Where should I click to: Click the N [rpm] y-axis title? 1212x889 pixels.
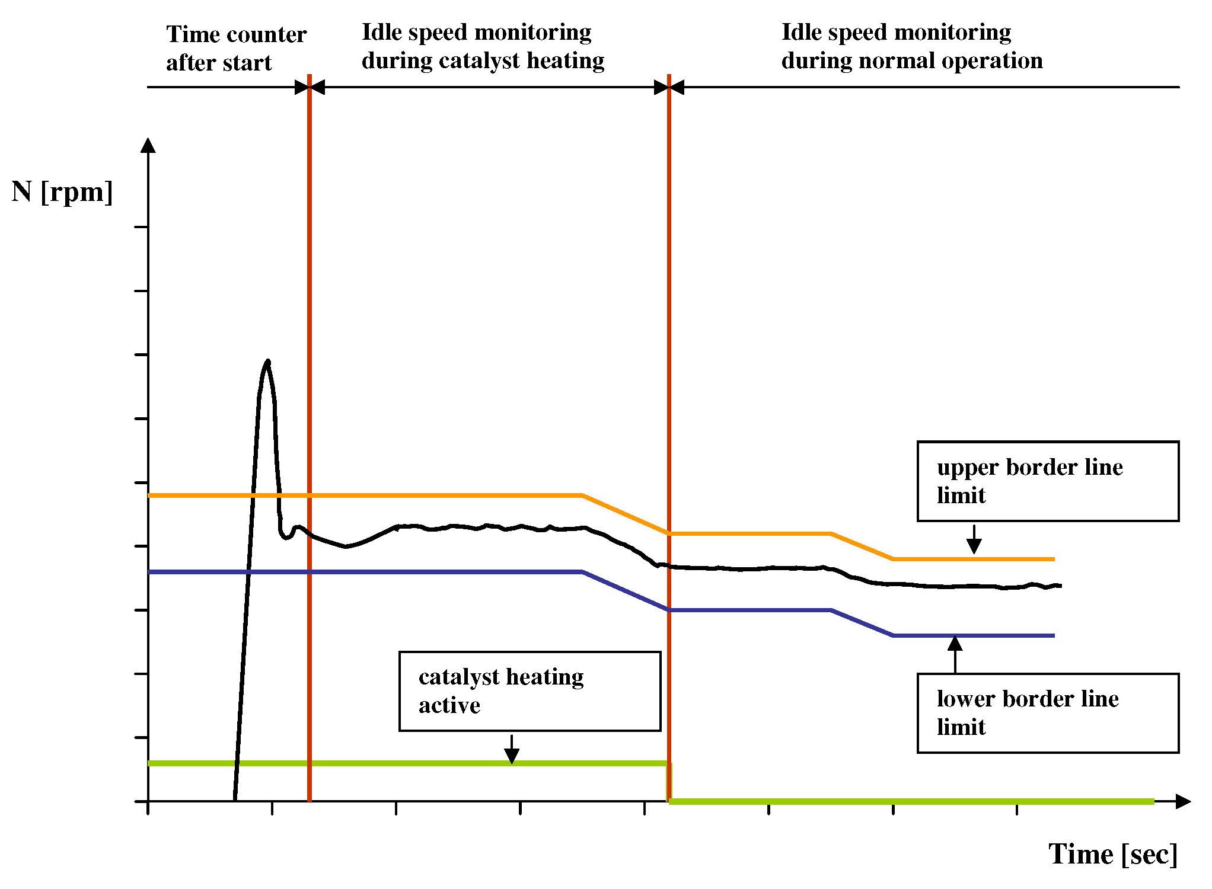[62, 192]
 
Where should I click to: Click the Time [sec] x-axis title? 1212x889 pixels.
[1112, 854]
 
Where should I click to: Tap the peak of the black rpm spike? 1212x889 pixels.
[268, 361]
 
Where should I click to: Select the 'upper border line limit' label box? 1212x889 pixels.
[1047, 481]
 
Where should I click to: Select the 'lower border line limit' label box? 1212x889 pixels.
[1047, 713]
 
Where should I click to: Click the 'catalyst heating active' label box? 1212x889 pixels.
[530, 691]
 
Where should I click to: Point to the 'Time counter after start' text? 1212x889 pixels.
[235, 48]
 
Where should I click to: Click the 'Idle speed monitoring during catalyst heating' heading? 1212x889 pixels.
[483, 46]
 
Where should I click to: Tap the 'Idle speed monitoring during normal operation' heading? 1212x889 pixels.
[911, 46]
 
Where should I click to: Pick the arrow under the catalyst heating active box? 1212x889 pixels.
[512, 750]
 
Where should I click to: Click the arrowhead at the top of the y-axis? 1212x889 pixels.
[148, 145]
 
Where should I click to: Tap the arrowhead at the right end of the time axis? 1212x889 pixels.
[1183, 801]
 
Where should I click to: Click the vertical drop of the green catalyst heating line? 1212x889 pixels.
[669, 782]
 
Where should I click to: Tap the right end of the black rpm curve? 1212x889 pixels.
[1060, 586]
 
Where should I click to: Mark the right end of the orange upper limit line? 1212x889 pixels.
[1054, 559]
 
